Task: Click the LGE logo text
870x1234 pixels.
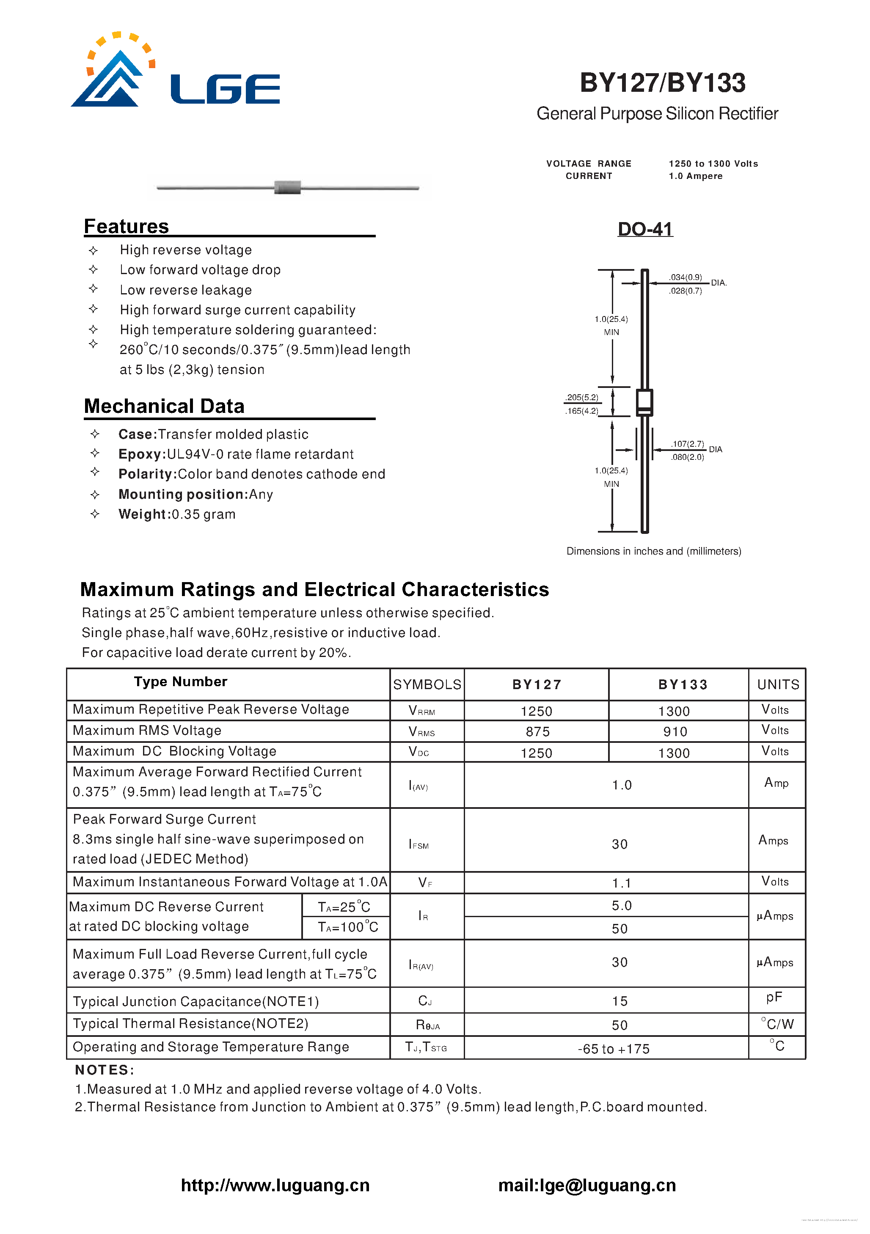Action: [x=225, y=89]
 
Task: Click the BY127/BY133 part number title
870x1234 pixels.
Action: [x=663, y=83]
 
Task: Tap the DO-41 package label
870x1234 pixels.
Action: [x=645, y=229]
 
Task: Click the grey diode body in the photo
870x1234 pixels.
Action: [x=287, y=187]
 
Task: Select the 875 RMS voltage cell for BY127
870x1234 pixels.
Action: [x=537, y=731]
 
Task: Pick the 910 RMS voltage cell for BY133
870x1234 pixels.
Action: [x=675, y=731]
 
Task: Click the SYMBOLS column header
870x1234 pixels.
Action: [x=427, y=684]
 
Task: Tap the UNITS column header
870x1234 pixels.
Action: [x=777, y=684]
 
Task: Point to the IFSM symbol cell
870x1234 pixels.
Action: [x=419, y=844]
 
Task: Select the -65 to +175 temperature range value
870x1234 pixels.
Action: [x=614, y=1049]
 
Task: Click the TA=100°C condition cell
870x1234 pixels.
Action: [x=348, y=927]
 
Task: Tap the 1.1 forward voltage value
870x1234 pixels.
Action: [x=621, y=883]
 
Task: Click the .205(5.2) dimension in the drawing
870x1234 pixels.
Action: [x=582, y=398]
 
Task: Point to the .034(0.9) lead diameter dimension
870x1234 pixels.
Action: [x=685, y=278]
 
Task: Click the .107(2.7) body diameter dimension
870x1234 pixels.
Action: [x=687, y=444]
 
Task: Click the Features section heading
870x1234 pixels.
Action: [x=127, y=226]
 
